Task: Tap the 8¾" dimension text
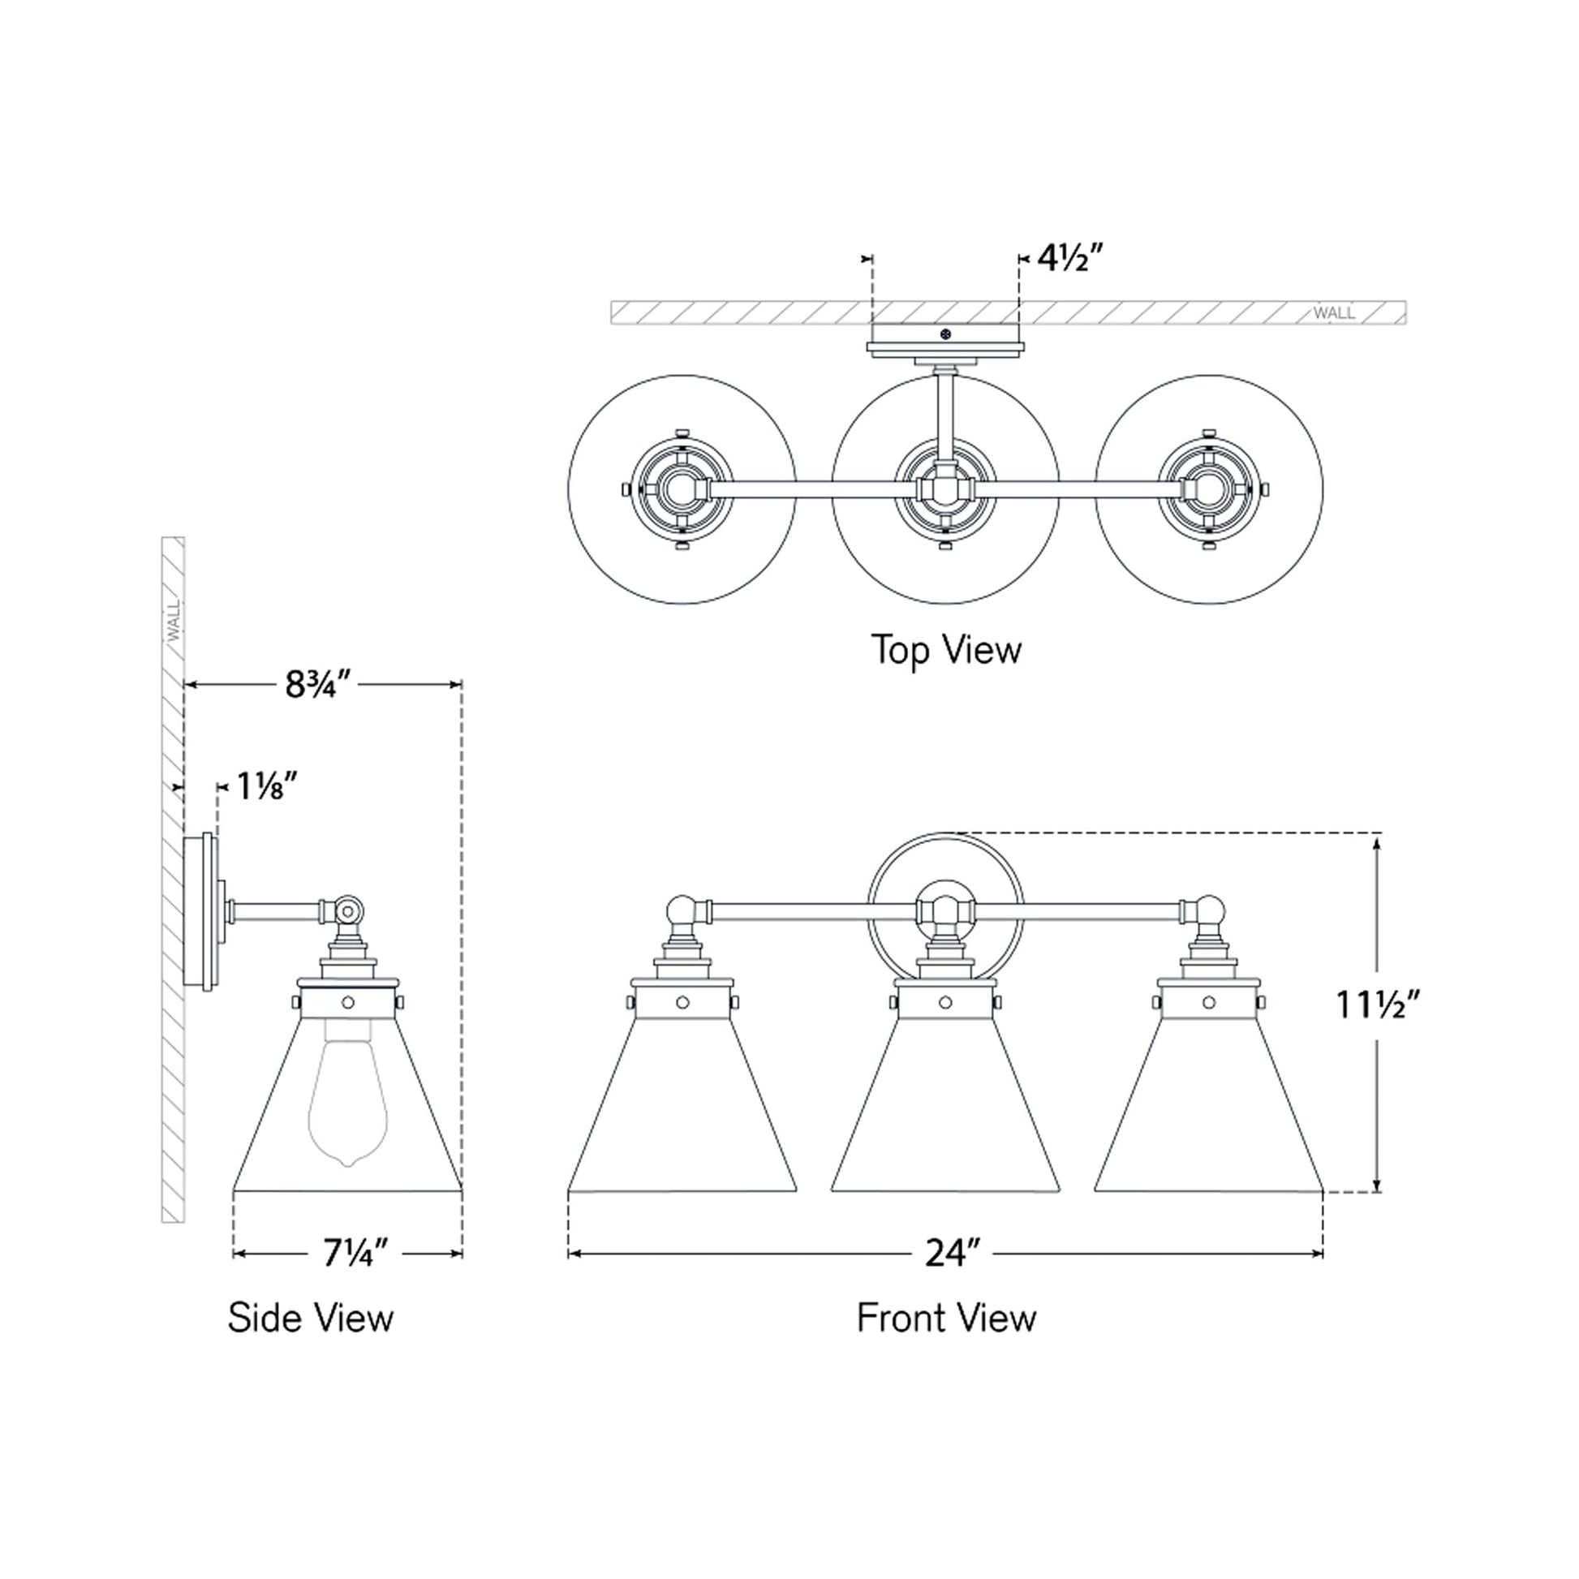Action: point(317,684)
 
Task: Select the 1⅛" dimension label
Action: point(266,786)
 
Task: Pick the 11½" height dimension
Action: point(1378,1005)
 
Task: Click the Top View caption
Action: point(946,650)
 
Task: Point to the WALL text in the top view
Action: point(1334,313)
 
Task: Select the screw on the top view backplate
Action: point(946,333)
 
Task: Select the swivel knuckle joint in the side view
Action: point(348,910)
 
